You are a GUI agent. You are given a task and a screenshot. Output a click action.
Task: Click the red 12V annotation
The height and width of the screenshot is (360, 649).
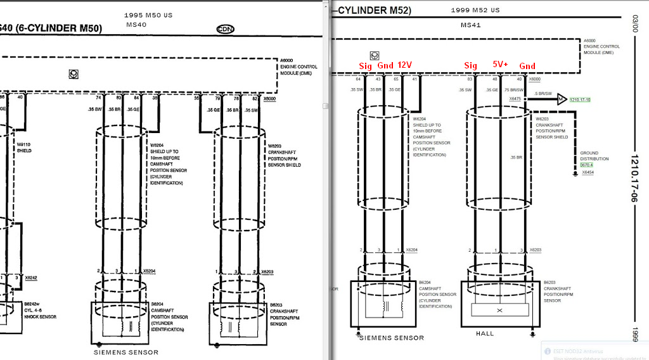point(405,65)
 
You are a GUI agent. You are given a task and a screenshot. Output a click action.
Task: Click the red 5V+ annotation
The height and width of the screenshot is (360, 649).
point(500,65)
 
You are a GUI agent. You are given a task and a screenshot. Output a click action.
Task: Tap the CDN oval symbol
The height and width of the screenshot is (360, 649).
point(225,29)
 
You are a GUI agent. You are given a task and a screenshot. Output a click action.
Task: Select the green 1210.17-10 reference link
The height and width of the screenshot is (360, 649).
point(580,100)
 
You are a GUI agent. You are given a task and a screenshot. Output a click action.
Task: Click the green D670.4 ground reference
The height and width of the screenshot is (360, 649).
point(587,165)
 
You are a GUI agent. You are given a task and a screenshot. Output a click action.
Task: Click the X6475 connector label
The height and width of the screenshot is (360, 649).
point(515,99)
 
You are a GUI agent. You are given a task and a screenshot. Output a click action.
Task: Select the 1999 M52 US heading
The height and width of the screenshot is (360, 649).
point(475,10)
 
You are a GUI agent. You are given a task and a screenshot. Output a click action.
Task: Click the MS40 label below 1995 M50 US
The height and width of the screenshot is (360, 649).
point(136,24)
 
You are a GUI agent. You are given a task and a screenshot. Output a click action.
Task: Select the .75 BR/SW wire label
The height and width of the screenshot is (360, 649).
point(513,90)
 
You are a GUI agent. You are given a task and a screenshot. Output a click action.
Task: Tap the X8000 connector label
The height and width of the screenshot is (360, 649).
point(269,99)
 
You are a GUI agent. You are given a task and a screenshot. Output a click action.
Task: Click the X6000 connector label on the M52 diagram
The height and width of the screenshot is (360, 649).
point(535,79)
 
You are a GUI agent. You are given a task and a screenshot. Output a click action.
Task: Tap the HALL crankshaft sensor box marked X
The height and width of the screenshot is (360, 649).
point(500,310)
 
